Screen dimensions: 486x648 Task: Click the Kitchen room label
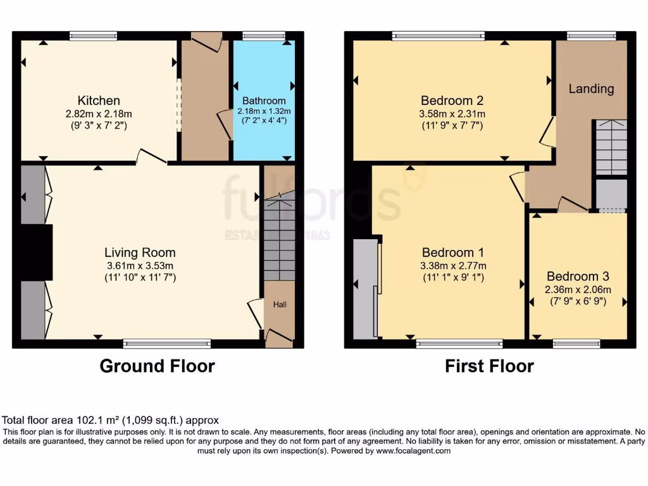pos(99,101)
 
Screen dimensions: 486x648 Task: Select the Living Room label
pos(140,252)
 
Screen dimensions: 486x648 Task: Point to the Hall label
pos(280,305)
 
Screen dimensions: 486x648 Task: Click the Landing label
pos(591,89)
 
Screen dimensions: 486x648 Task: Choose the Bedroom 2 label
pos(452,101)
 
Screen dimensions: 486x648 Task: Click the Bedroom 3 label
pos(578,277)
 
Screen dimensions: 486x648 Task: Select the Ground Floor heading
pos(157,366)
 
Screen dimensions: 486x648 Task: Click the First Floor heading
pos(489,366)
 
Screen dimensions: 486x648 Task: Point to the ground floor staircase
pos(279,239)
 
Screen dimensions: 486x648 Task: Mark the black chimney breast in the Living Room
pos(35,252)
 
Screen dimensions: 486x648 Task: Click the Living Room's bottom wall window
pos(167,344)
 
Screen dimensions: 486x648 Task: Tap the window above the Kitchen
pos(93,36)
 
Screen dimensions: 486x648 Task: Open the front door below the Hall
pos(279,337)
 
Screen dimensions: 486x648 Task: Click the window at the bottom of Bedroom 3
pos(576,344)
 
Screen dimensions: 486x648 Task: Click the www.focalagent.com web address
pos(413,451)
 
